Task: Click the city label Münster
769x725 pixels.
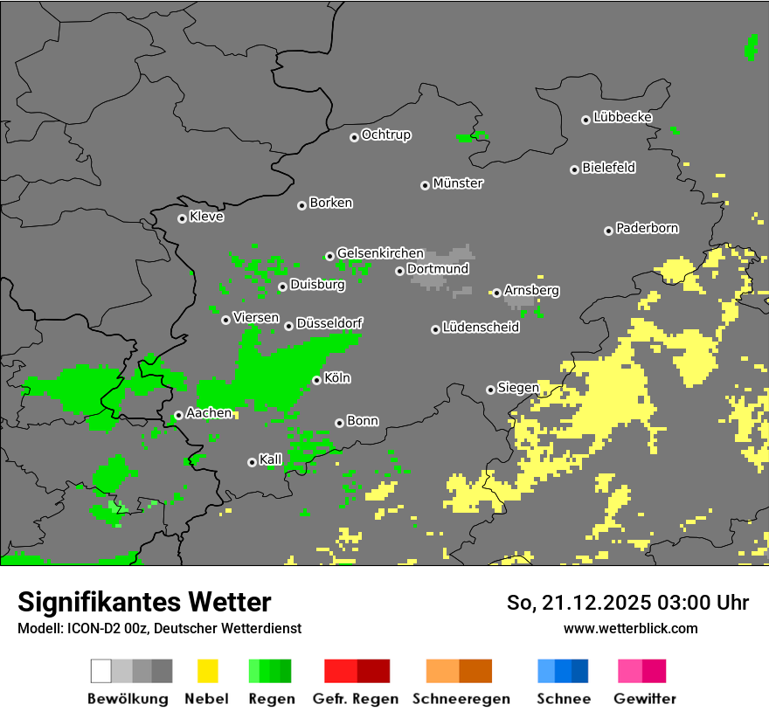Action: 458,183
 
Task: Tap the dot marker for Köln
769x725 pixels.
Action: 316,380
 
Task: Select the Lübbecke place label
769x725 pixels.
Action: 622,117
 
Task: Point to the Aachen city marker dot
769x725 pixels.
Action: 178,415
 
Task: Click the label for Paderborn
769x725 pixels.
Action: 647,228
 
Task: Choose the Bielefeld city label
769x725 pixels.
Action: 608,168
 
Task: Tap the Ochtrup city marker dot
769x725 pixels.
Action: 354,136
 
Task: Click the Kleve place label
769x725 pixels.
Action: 206,217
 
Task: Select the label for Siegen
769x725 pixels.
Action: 518,387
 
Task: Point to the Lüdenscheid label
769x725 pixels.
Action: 481,328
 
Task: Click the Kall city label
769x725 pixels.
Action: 271,459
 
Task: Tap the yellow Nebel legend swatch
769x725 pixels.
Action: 207,671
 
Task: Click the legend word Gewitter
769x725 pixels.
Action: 644,699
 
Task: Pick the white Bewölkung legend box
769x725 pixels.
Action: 101,671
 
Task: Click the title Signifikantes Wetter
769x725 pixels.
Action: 144,603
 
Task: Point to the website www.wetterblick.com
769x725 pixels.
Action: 630,628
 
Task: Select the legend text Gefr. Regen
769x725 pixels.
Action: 355,699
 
